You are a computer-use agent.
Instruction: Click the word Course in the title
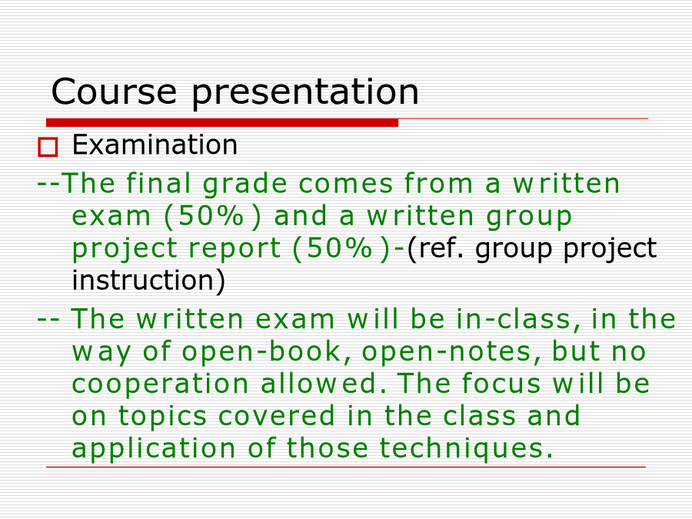tap(114, 91)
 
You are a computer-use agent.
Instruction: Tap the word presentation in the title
tap(305, 93)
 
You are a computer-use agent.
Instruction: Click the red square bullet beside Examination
tap(48, 147)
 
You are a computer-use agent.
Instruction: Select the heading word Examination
tap(155, 145)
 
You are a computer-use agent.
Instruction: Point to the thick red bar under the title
tap(222, 123)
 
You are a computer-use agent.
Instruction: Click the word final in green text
tap(158, 183)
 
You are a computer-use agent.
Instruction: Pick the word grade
tap(245, 185)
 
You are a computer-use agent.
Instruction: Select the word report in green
tap(235, 249)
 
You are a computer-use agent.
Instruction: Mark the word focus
tap(501, 383)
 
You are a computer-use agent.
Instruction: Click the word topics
tap(162, 417)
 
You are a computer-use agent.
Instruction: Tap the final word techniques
tap(466, 449)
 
